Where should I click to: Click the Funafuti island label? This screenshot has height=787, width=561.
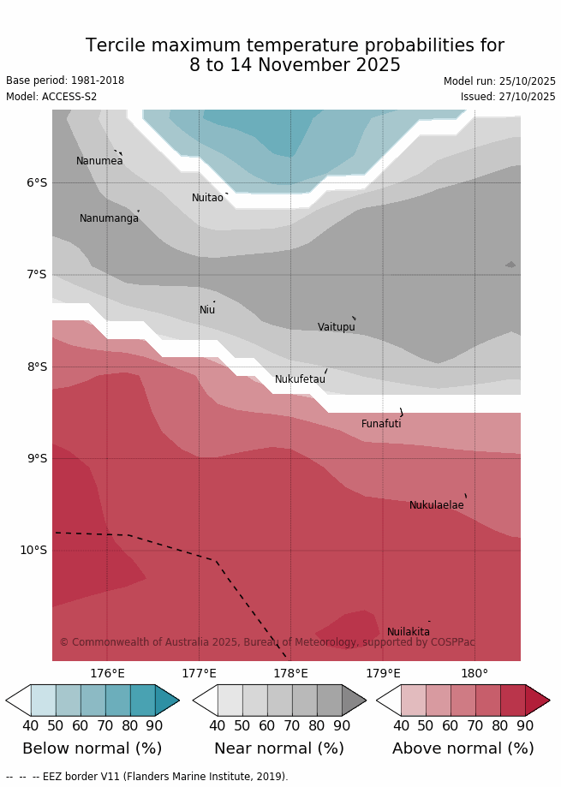click(381, 424)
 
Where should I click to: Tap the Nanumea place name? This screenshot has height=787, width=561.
click(99, 161)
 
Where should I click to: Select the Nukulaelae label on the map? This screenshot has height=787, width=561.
click(436, 505)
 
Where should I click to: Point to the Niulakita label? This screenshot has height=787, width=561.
click(409, 632)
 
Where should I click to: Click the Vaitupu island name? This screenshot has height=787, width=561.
click(336, 327)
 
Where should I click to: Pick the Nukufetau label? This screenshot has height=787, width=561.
click(300, 379)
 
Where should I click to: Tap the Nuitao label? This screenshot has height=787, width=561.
click(207, 198)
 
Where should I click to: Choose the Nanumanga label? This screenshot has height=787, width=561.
click(109, 218)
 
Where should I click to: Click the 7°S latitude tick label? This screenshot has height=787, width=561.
click(37, 274)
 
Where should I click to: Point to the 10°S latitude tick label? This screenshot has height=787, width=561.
click(33, 550)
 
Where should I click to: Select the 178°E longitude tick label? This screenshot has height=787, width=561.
click(290, 674)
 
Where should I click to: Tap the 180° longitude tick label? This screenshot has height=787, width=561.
click(474, 674)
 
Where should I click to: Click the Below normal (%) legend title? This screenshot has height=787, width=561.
click(92, 748)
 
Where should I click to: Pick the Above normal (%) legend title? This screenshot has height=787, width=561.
click(463, 748)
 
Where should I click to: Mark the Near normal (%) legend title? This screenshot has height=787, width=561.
click(279, 748)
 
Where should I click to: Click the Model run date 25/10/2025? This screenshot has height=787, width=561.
click(499, 81)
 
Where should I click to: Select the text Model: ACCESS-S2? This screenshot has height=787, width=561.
click(53, 97)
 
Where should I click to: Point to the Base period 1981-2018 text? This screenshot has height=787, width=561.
click(65, 80)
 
